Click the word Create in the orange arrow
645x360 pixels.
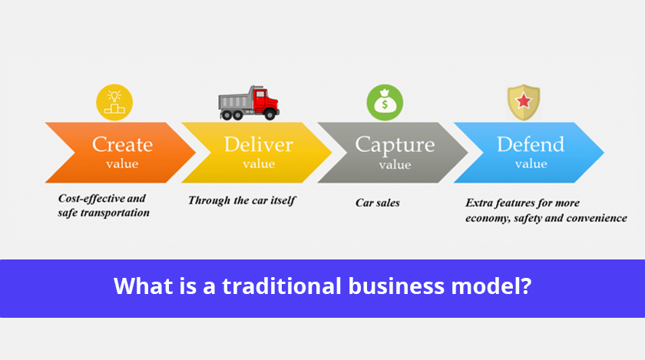pyautogui.click(x=122, y=144)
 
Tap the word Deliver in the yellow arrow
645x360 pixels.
pyautogui.click(x=258, y=144)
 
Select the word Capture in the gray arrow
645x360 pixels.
pyautogui.click(x=395, y=146)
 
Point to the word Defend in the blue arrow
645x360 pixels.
pyautogui.click(x=531, y=144)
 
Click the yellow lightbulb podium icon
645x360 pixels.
pyautogui.click(x=114, y=102)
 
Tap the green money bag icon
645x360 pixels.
pyautogui.click(x=385, y=102)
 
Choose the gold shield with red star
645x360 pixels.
pyautogui.click(x=524, y=102)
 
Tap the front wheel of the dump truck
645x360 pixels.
pyautogui.click(x=270, y=115)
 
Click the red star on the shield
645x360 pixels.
pyautogui.click(x=524, y=101)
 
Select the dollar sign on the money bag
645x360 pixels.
pyautogui.click(x=385, y=104)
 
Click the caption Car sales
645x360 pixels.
pyautogui.click(x=378, y=203)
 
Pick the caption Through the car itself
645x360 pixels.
pyautogui.click(x=242, y=201)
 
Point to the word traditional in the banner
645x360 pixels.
pyautogui.click(x=282, y=286)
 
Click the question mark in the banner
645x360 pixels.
pyautogui.click(x=526, y=286)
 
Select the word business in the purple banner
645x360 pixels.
pyautogui.click(x=396, y=286)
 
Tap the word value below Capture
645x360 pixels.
pyautogui.click(x=395, y=164)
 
